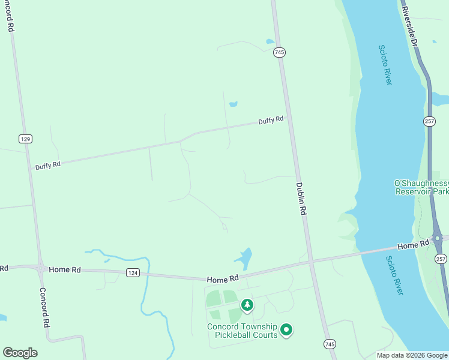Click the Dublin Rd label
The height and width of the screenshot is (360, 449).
point(302,199)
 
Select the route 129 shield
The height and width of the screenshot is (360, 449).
point(25,139)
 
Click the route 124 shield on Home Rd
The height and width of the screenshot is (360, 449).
point(133,272)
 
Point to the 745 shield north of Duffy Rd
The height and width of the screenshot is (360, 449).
point(279,52)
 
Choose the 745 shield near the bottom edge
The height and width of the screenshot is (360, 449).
point(330,344)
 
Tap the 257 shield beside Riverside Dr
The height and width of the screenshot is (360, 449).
point(429,121)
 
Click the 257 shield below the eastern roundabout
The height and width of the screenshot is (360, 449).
point(441,259)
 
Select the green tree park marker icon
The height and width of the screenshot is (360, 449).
point(247,305)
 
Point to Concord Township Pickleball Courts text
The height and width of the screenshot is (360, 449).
point(243,331)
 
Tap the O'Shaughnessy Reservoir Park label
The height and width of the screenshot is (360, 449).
point(421,187)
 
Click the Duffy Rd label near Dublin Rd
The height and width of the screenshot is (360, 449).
point(271,121)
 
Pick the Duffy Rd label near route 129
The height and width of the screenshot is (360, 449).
point(47,164)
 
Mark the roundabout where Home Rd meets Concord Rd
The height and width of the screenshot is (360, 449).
point(40,269)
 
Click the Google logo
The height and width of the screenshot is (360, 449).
point(20,353)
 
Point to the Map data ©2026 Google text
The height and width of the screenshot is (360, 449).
point(412,355)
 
